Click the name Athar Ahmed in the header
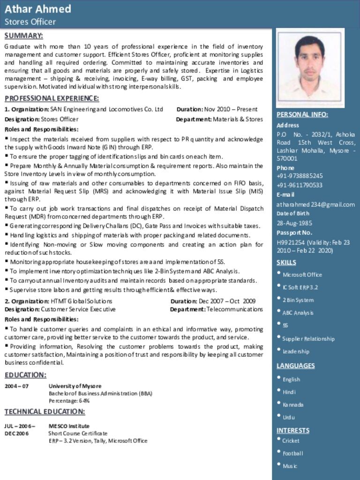38,9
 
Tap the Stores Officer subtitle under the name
30,22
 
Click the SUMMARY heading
23,36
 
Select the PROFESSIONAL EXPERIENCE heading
52,98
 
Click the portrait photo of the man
310,67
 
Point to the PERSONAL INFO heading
302,114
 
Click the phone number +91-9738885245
300,176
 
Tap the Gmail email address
315,204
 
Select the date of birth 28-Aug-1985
294,223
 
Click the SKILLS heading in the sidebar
286,262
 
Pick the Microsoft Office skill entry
302,275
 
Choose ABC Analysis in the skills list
298,313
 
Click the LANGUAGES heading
295,366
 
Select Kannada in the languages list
293,405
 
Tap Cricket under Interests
291,441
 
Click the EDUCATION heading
25,375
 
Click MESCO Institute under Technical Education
69,426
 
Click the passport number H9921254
291,242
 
